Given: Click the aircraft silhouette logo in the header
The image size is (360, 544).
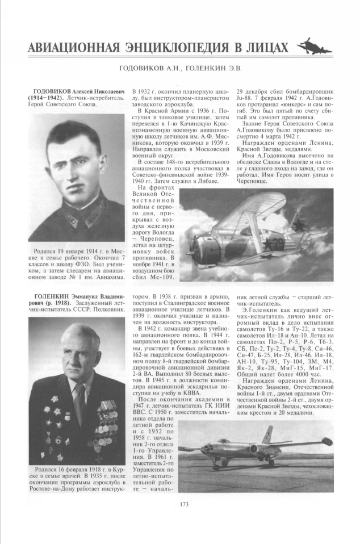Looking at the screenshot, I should click(314, 45).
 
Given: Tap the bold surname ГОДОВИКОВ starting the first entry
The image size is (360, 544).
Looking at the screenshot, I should click(52, 91).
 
